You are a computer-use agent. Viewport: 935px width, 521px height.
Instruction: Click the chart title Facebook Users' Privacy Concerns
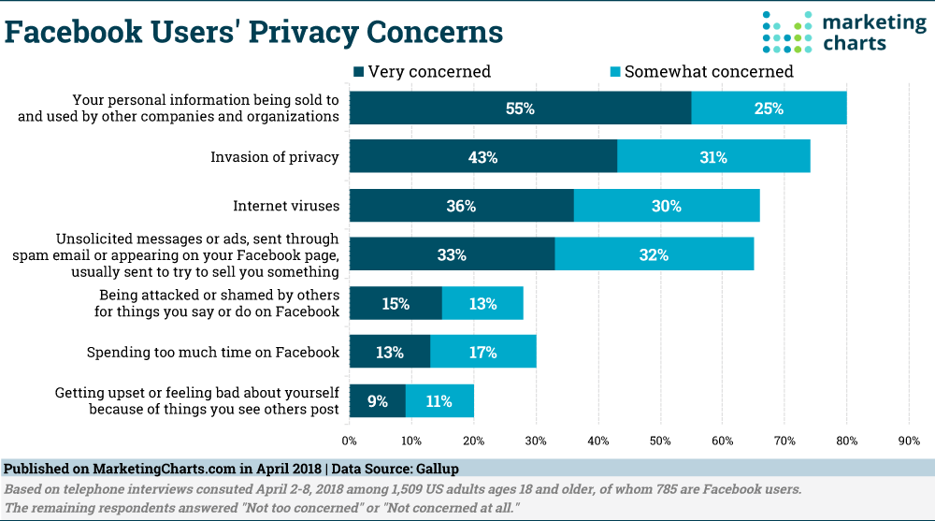point(254,32)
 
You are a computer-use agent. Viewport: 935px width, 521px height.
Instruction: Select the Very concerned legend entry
point(422,71)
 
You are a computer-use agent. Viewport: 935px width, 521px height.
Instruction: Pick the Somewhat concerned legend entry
point(701,71)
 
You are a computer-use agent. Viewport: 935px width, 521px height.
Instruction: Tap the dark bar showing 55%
point(520,109)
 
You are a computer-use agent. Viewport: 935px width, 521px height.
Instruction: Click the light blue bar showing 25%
point(769,109)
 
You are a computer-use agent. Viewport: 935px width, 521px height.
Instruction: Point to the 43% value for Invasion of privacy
point(482,157)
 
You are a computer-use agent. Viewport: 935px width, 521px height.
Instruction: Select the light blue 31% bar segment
point(713,157)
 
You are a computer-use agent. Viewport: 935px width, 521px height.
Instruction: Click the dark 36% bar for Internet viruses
point(461,206)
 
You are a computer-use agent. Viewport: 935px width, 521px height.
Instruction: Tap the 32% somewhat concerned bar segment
point(654,254)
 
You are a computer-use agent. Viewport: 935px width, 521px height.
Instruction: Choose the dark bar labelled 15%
point(396,303)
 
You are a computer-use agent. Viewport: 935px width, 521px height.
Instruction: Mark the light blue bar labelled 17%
point(482,353)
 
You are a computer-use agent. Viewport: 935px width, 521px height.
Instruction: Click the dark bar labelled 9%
point(377,401)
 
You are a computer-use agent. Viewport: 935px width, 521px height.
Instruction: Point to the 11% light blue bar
point(439,401)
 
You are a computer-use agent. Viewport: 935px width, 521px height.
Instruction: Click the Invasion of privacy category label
point(274,157)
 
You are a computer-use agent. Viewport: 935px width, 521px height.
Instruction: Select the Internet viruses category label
point(285,206)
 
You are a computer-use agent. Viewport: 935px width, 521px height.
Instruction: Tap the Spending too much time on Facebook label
point(212,353)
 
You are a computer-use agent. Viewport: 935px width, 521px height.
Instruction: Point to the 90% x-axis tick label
point(909,441)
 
